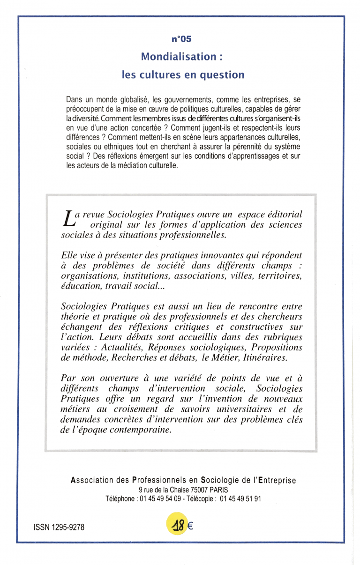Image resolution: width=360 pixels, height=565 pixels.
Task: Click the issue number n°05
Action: (181, 39)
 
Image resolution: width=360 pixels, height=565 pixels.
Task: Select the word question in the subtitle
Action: (224, 74)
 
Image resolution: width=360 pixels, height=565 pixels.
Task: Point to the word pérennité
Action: (244, 147)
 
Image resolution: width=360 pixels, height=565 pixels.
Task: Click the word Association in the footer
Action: (91, 480)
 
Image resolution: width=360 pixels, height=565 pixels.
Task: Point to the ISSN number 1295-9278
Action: (67, 527)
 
